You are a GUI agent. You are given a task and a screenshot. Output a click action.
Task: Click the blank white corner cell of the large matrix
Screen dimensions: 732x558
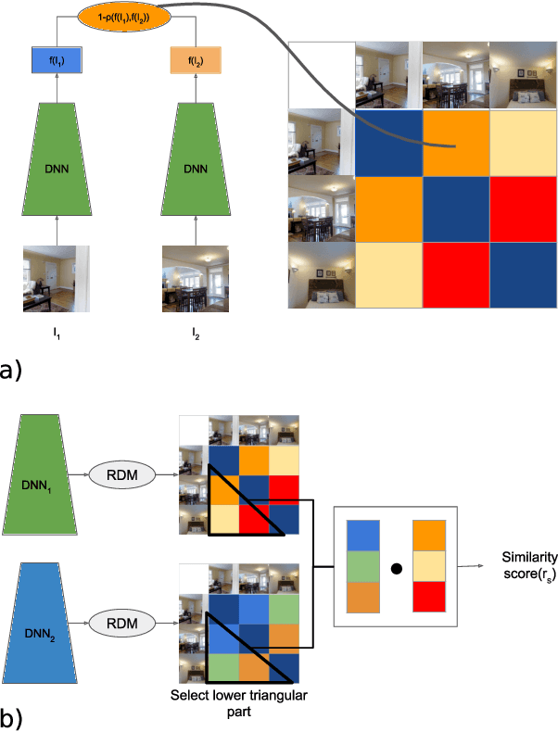pos(321,74)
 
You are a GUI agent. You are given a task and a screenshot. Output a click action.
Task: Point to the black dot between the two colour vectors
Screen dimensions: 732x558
pos(396,568)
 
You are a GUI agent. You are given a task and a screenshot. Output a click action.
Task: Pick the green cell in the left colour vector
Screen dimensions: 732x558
pos(362,568)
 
